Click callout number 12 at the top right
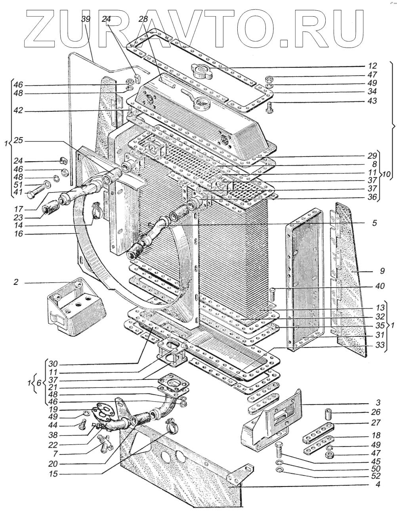(372, 66)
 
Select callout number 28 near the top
(143, 19)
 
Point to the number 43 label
(372, 101)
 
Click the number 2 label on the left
(16, 282)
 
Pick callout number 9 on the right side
(382, 272)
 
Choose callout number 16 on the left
(18, 234)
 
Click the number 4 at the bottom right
(378, 484)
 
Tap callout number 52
(376, 475)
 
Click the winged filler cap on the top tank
(200, 71)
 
